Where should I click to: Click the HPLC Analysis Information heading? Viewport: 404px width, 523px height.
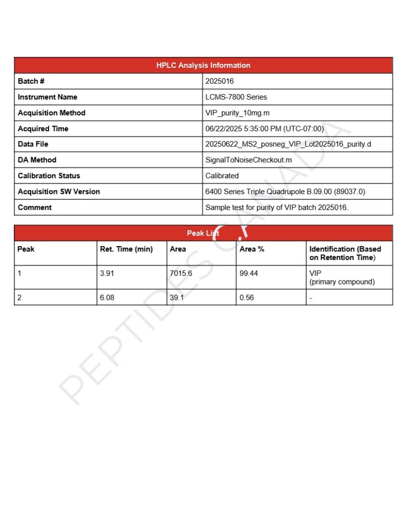(x=203, y=65)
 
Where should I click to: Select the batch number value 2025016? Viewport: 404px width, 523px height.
(x=220, y=81)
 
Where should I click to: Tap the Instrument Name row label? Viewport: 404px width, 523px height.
(x=47, y=97)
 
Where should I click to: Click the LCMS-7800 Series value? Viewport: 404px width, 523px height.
(x=236, y=97)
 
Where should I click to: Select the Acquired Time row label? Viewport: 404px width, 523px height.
(x=43, y=129)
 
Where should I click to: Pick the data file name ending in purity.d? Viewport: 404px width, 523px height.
(x=288, y=145)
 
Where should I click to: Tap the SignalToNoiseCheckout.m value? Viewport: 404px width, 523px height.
(x=248, y=160)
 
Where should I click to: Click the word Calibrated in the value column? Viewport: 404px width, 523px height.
(x=222, y=176)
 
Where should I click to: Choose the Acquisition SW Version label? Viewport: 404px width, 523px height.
(x=59, y=192)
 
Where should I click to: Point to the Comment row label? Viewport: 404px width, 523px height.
(x=35, y=207)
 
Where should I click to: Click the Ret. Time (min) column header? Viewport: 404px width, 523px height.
(x=126, y=249)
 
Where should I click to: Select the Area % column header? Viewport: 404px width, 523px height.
(x=252, y=249)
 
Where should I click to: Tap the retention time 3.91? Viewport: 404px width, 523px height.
(x=107, y=273)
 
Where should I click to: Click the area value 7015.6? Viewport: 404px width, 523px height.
(x=181, y=273)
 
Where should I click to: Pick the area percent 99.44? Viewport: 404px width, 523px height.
(x=249, y=273)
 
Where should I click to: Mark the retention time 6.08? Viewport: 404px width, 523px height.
(x=107, y=297)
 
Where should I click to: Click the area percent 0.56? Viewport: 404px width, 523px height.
(x=247, y=297)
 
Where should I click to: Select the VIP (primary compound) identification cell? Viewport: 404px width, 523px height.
(x=342, y=277)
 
